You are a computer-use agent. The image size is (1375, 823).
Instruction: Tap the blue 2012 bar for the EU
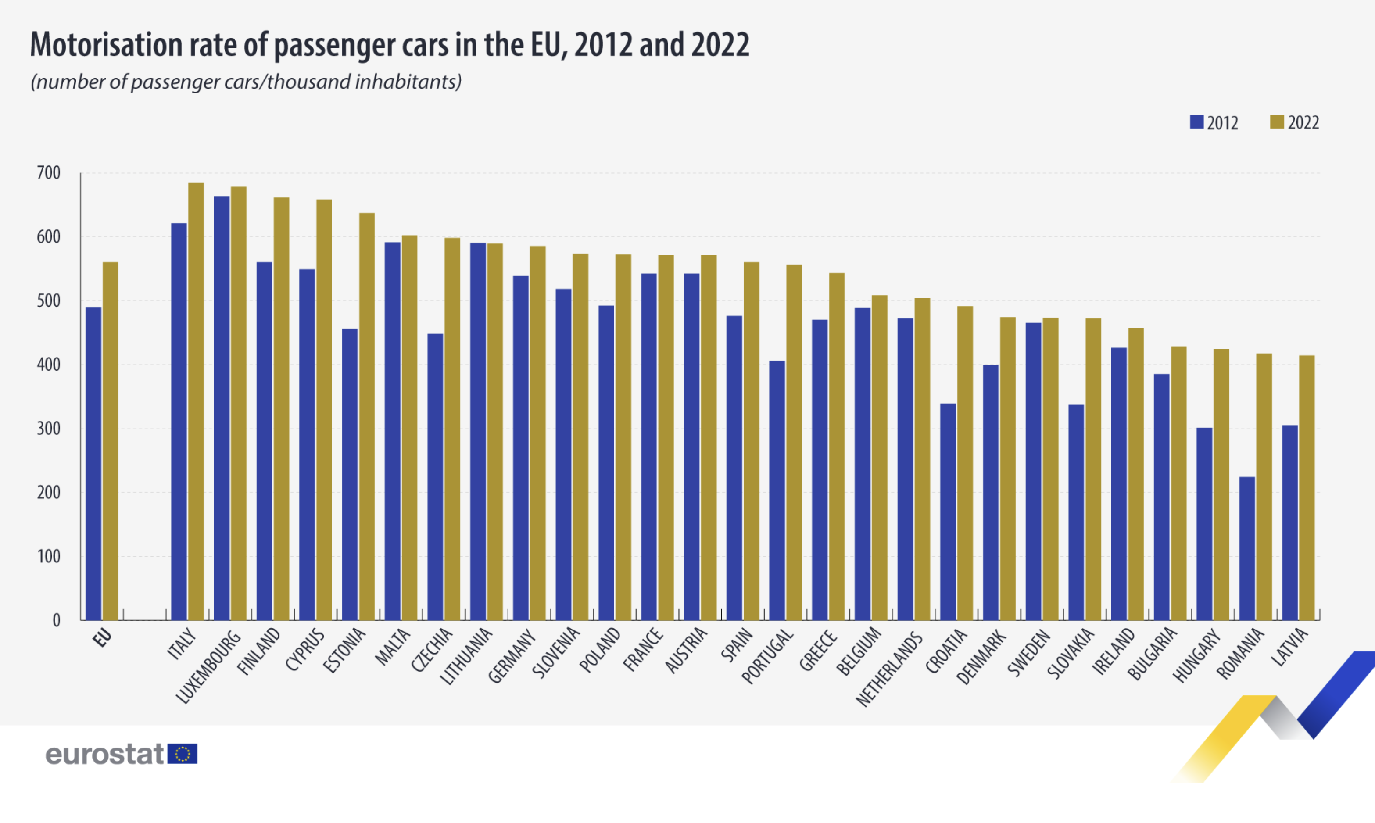click(x=93, y=463)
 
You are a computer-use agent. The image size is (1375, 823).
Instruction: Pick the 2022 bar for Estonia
click(x=367, y=416)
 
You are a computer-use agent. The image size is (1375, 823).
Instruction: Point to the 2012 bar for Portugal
click(x=777, y=490)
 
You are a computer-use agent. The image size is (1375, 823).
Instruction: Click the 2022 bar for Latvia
click(x=1307, y=487)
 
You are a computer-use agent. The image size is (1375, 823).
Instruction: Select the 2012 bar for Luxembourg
click(x=221, y=408)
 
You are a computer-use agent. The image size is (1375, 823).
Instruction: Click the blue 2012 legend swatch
click(x=1196, y=122)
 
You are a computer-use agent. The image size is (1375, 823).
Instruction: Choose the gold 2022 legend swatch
click(x=1277, y=122)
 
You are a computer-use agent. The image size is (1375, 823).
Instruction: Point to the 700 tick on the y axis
click(x=49, y=173)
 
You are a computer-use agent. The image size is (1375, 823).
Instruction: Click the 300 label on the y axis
click(x=49, y=429)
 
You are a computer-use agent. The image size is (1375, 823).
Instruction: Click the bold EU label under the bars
click(x=102, y=638)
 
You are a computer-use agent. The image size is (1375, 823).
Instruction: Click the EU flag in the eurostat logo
click(x=182, y=754)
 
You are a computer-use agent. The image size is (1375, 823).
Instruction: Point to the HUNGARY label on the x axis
click(x=1196, y=655)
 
